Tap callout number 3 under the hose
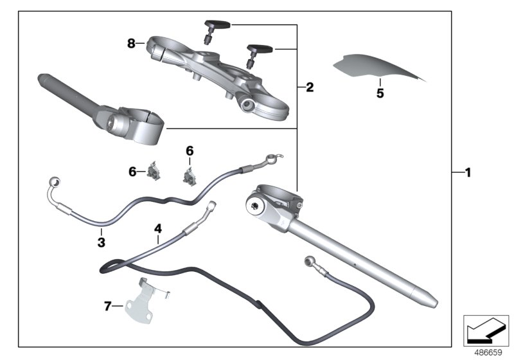(x=102, y=242)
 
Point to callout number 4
(x=157, y=228)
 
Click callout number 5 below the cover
(x=380, y=93)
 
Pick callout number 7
(x=107, y=307)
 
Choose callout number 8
(x=131, y=43)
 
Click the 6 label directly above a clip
(x=190, y=150)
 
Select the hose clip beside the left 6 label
(x=155, y=172)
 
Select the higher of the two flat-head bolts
(x=215, y=28)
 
